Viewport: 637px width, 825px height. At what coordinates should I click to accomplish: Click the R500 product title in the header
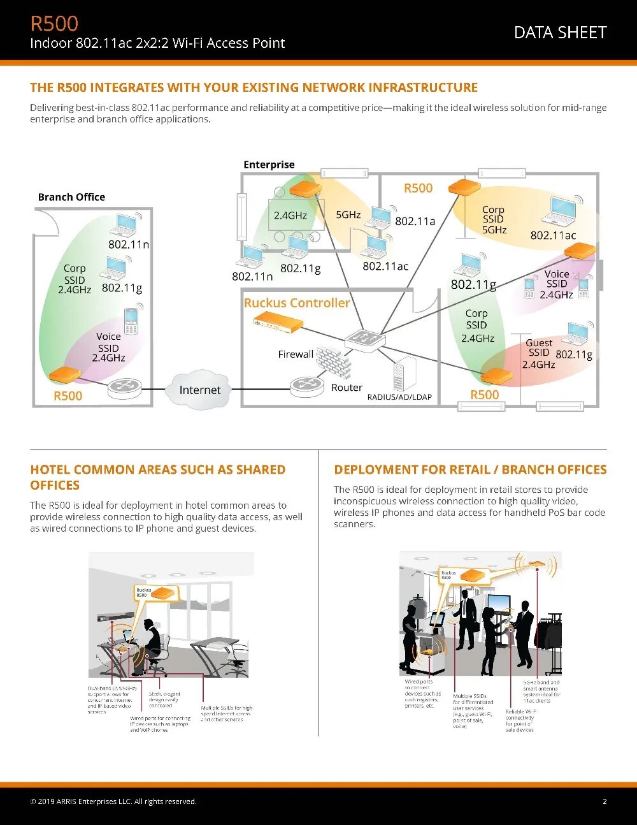(54, 24)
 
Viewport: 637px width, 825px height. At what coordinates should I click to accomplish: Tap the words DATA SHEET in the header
(560, 33)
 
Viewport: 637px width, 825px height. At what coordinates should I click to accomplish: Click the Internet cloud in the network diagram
(199, 390)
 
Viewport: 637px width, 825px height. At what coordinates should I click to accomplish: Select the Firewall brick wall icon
(334, 361)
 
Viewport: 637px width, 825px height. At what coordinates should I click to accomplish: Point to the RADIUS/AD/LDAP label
(399, 397)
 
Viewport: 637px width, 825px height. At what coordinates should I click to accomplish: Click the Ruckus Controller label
(297, 303)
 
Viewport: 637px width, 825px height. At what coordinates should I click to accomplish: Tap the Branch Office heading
(71, 197)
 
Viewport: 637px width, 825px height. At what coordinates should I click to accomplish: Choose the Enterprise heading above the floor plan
(269, 164)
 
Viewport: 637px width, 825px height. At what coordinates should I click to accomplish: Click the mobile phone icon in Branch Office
(131, 321)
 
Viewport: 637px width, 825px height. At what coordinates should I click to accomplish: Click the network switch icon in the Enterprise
(365, 340)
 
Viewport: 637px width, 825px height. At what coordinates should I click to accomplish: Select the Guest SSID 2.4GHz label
(539, 353)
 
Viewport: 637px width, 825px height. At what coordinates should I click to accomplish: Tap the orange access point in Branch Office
(65, 374)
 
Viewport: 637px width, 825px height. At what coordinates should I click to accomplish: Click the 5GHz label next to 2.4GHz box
(348, 215)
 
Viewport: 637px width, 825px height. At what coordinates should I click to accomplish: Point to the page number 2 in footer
(605, 801)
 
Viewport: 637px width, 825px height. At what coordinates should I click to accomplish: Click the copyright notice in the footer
(113, 801)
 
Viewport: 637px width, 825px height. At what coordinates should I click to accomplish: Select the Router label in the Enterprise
(347, 388)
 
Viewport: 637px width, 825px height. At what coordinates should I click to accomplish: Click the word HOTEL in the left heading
(50, 470)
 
